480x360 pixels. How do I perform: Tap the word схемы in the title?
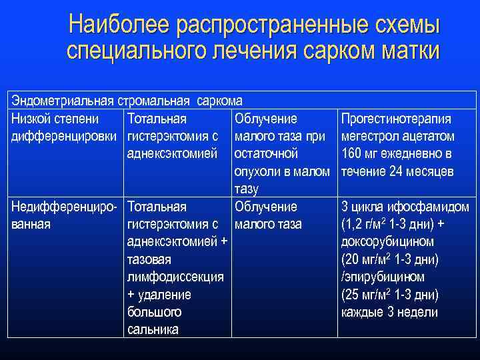[407, 25]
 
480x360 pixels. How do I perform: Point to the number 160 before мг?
[351, 154]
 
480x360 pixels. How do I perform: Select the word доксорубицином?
[387, 241]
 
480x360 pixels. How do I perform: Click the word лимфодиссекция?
[175, 277]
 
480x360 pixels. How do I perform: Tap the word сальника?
[153, 329]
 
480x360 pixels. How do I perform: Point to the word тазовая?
[149, 259]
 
